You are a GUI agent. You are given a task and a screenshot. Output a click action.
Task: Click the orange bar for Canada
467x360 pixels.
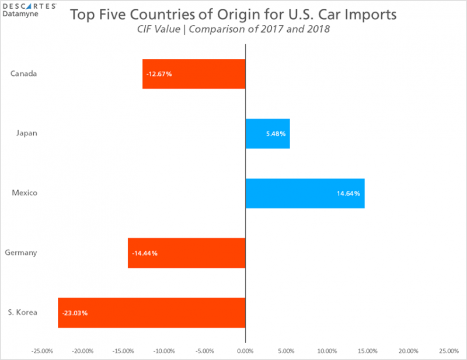(x=194, y=74)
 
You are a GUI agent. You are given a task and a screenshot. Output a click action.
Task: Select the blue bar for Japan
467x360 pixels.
(x=267, y=134)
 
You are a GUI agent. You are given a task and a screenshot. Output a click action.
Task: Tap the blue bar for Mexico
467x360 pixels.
(x=305, y=193)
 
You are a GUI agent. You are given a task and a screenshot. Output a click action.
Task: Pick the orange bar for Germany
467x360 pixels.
(x=187, y=253)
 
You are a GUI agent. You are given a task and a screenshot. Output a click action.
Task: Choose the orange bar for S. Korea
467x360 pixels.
(x=152, y=313)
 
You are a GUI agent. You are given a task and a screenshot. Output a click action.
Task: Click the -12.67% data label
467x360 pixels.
(x=159, y=74)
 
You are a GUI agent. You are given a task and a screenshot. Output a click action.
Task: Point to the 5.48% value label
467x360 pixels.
(x=276, y=134)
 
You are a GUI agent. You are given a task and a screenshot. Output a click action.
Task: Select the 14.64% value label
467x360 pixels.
(x=348, y=193)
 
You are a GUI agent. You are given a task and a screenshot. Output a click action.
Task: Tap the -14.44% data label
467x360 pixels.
(x=145, y=253)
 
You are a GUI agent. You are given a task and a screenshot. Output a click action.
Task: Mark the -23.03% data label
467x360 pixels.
(x=75, y=313)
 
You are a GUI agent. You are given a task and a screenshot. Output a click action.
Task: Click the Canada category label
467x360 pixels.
(x=24, y=74)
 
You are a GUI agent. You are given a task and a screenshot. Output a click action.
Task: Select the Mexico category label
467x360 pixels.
(x=25, y=193)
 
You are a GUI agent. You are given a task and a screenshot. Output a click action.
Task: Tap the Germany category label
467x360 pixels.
(x=21, y=253)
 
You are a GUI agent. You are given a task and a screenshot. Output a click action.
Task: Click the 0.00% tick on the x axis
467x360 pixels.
(x=245, y=351)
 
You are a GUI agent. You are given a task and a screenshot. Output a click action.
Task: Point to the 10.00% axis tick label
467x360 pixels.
(x=326, y=351)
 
